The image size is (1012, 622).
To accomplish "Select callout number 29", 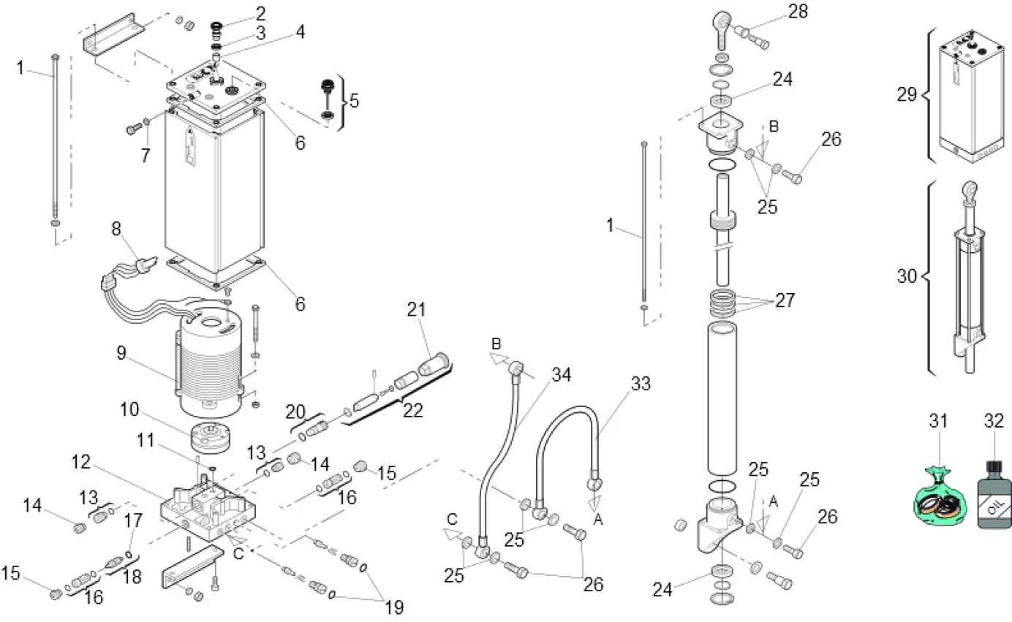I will tap(907, 94).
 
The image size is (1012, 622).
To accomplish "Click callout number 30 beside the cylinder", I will tap(907, 276).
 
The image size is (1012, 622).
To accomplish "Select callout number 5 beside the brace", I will tap(354, 100).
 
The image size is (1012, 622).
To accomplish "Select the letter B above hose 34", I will tap(496, 344).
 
